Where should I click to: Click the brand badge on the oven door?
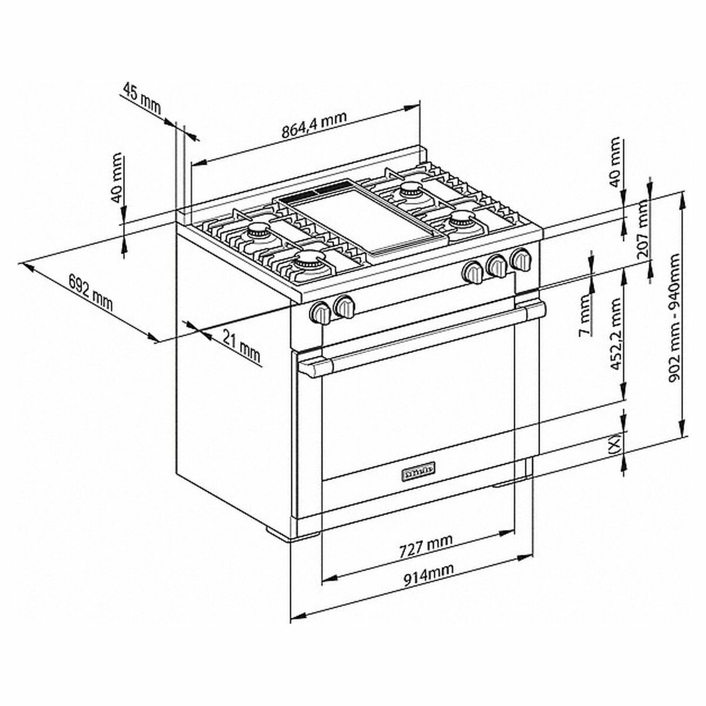pyautogui.click(x=418, y=471)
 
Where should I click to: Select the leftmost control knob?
pyautogui.click(x=321, y=312)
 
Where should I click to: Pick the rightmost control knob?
pyautogui.click(x=521, y=259)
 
